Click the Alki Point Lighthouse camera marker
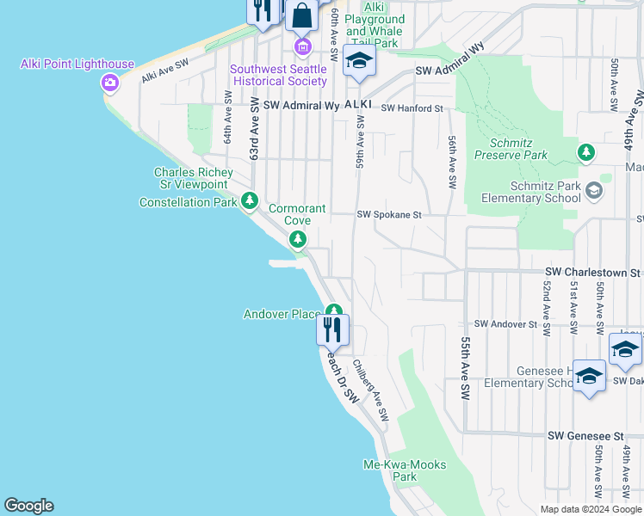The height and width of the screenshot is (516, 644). pos(109,83)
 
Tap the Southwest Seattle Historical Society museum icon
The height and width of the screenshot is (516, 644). pos(302,46)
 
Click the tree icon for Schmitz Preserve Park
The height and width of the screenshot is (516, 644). pos(586,152)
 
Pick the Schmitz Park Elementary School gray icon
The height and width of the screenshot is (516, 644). pos(593,189)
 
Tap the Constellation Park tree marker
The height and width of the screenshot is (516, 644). pos(250,201)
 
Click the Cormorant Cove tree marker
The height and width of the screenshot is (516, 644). pos(298,238)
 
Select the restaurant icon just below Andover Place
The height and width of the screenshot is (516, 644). pos(331,329)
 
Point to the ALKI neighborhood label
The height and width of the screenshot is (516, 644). pos(358,104)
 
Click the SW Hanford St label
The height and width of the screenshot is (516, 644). pos(412,109)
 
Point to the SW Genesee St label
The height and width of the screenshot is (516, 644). pos(585,437)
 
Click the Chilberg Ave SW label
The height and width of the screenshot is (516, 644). pos(371,390)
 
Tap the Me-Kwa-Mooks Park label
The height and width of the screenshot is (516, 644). pos(405,470)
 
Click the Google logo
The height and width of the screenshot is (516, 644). pos(28,506)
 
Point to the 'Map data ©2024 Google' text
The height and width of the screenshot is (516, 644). pos(591,509)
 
